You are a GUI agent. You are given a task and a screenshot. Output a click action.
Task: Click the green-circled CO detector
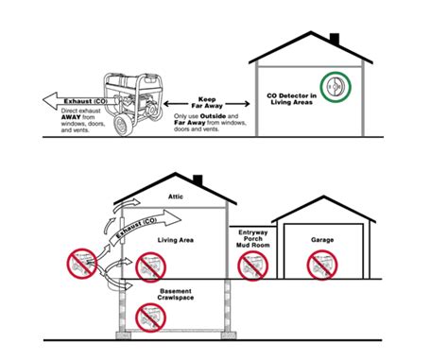[334, 88]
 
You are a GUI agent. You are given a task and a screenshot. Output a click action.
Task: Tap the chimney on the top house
[334, 40]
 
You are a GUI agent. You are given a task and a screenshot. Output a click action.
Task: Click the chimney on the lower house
[198, 180]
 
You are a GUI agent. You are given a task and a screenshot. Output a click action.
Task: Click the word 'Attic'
[174, 197]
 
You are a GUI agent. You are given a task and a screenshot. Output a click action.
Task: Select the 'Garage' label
[322, 240]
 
